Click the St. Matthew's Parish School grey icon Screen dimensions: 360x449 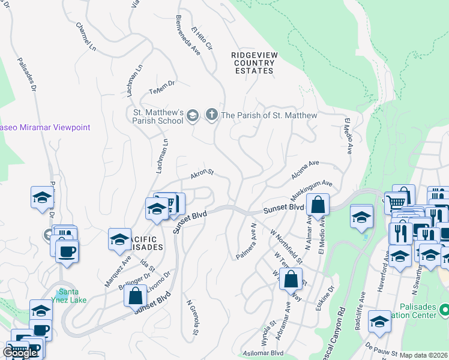click(193, 115)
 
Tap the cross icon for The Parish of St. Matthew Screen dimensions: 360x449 click(211, 115)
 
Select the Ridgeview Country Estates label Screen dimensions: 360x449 click(253, 63)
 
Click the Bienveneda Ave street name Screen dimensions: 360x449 click(187, 35)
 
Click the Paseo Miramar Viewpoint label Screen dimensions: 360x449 click(45, 127)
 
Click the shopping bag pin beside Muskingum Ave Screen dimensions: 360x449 click(318, 204)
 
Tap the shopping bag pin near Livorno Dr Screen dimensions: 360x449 click(136, 296)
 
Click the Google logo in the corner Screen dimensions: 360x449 click(20, 353)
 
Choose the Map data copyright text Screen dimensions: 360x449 click(424, 355)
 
